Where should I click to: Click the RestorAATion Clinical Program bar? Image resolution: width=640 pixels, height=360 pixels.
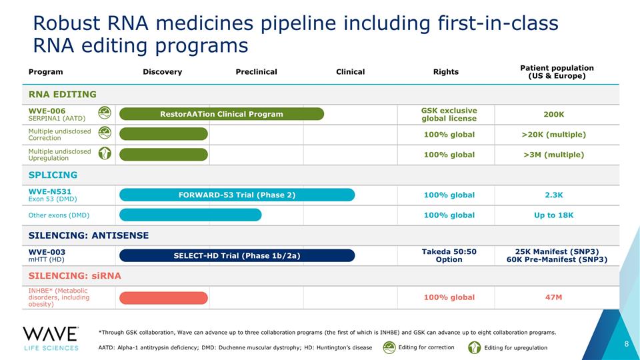coord(221,114)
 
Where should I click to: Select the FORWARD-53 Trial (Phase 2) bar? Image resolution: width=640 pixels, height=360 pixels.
coord(237,195)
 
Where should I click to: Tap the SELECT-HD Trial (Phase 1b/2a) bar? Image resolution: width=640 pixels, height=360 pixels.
coord(237,255)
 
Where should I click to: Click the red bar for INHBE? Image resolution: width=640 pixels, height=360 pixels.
coord(163,297)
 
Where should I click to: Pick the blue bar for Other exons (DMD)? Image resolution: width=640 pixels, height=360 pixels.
coord(190,215)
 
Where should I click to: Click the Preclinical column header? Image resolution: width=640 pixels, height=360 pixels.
coord(256,72)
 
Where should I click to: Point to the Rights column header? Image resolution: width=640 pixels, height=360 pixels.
coord(446,72)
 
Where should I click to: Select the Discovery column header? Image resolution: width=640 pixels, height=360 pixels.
coord(163,72)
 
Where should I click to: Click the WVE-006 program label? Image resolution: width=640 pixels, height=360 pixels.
coord(47,111)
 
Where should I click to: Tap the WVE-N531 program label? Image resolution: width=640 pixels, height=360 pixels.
coord(50,191)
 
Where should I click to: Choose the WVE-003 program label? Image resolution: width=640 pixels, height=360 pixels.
coord(47,252)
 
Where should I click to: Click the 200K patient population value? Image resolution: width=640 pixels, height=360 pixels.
coord(553,114)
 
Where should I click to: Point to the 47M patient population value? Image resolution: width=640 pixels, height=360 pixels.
coord(553,297)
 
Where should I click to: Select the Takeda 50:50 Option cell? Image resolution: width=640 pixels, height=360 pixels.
coord(449,255)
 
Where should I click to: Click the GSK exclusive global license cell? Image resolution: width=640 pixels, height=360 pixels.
coord(449,114)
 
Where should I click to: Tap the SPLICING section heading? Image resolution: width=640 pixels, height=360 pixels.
coord(53,175)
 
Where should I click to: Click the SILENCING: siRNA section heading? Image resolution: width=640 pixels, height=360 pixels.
coord(75,276)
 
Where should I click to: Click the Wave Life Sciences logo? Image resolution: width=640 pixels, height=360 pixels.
coord(51,339)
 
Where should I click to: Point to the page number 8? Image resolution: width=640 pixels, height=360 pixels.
coord(627,344)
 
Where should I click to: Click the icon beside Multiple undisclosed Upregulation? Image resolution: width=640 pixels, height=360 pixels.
coord(105,153)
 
